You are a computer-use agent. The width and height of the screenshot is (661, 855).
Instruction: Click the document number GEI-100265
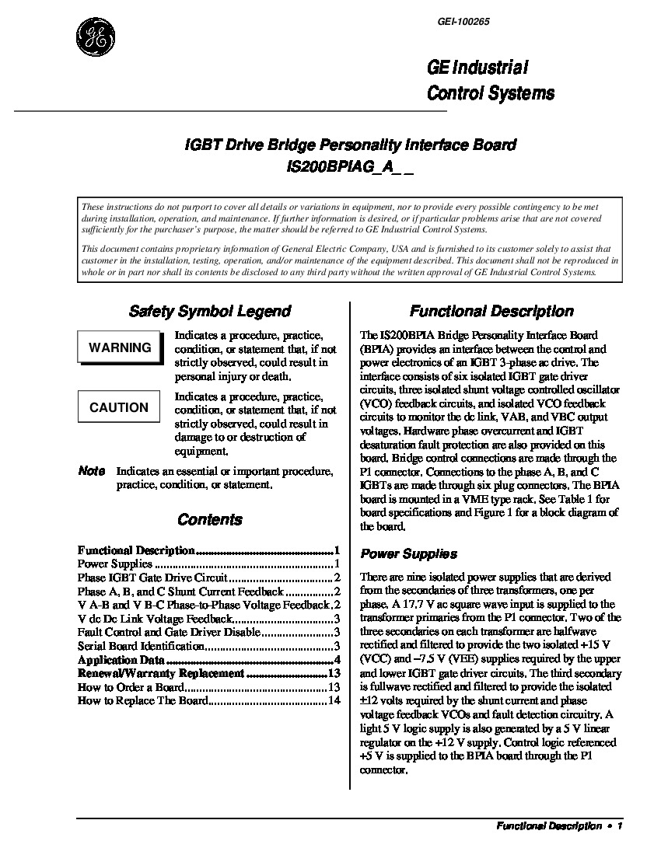463,22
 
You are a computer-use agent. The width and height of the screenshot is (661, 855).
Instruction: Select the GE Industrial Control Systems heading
491,80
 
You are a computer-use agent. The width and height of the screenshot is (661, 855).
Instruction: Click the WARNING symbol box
120,347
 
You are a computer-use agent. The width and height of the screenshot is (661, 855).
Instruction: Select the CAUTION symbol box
119,407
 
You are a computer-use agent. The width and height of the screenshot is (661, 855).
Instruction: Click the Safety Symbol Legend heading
209,312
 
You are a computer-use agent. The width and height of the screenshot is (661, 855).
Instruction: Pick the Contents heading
209,519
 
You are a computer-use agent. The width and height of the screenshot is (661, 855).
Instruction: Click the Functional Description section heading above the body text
491,312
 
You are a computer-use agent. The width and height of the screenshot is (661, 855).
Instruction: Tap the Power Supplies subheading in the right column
408,554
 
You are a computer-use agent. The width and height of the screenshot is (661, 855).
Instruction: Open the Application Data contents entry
121,660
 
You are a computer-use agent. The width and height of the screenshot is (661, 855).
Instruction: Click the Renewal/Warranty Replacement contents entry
161,674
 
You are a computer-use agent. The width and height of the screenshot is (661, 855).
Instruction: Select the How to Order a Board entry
131,688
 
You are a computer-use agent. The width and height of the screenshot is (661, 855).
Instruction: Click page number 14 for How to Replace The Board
334,701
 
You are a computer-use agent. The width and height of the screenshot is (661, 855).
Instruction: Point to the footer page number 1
620,826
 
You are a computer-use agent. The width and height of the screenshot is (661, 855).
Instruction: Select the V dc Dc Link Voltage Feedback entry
155,619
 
